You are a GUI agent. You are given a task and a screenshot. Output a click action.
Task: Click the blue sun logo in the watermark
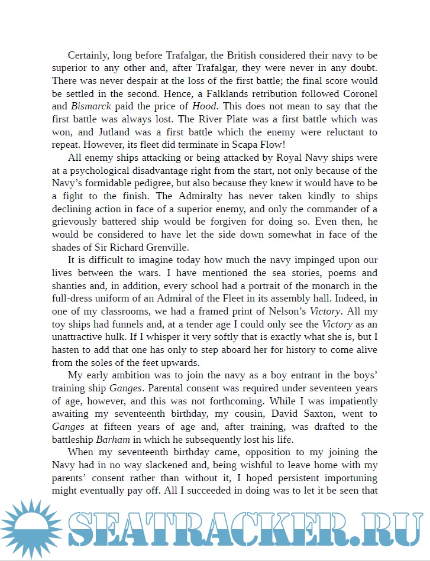pos(31,530)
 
